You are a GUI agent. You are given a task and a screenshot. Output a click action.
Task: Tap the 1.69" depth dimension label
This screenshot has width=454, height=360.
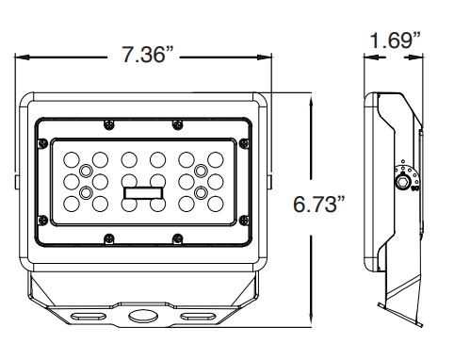point(395,41)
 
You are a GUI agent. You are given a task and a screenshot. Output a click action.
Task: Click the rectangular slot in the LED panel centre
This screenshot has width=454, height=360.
point(143,193)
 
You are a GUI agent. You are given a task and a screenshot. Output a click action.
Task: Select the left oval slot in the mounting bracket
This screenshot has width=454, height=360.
point(88,316)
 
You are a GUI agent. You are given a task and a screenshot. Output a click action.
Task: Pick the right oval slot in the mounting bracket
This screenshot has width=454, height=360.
point(198,316)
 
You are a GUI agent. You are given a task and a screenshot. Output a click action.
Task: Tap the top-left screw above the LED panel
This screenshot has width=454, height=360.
point(109,124)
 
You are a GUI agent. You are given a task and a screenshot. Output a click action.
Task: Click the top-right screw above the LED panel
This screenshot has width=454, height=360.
point(178,124)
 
